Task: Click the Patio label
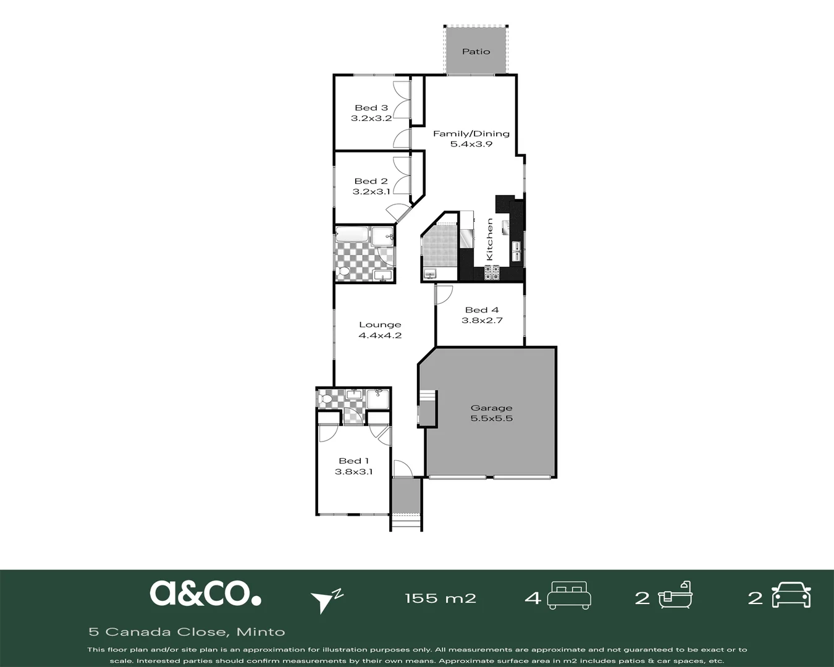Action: pos(476,51)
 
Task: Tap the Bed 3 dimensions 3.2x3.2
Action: pos(371,118)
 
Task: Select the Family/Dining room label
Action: pos(471,134)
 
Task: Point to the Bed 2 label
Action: pos(371,181)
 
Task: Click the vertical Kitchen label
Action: pos(489,239)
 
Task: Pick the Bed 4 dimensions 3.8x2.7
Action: pos(482,321)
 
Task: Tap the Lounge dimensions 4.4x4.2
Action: pos(380,335)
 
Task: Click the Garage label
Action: pos(491,408)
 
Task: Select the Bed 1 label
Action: pos(354,461)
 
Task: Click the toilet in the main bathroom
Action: pos(343,272)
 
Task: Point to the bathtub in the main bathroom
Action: pos(352,235)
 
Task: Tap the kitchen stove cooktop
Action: pos(492,272)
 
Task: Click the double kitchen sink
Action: pos(516,251)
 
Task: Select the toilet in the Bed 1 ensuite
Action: pos(325,398)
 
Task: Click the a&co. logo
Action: pos(205,594)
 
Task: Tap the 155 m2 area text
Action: pos(440,598)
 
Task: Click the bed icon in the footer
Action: pos(569,595)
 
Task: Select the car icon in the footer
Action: pos(791,595)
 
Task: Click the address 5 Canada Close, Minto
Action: pos(187,632)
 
